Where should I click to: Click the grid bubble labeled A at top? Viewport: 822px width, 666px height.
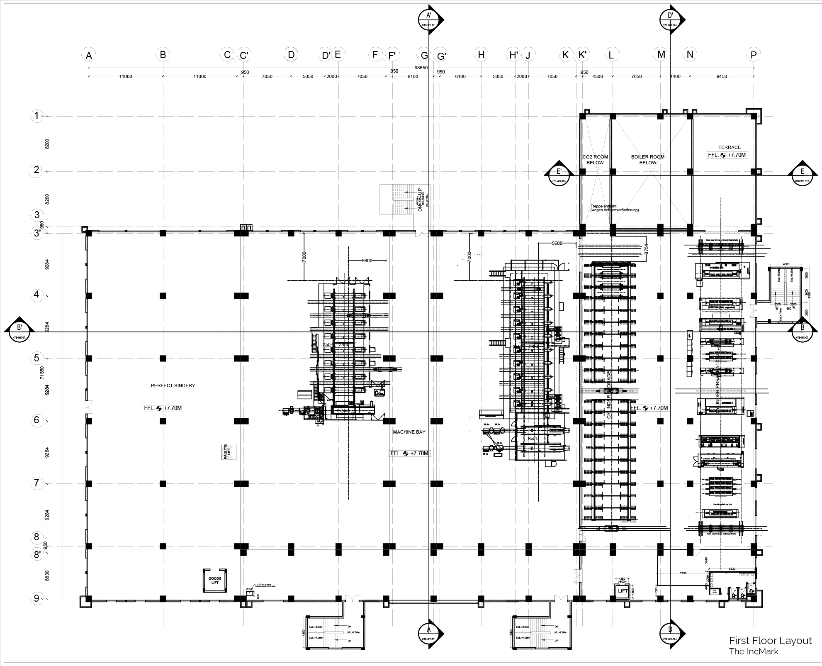click(88, 55)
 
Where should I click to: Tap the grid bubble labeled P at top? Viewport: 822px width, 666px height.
click(754, 55)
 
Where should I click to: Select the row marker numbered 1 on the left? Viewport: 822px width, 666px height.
click(37, 116)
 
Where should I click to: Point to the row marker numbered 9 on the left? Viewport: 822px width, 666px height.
click(37, 598)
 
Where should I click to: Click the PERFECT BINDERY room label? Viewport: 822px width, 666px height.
click(173, 385)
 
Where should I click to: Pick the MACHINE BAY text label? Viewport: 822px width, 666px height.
click(409, 432)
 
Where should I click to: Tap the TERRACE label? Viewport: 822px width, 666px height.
click(730, 147)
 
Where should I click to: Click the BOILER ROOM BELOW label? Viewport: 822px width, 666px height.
click(647, 160)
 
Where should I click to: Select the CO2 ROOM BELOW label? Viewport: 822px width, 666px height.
click(595, 160)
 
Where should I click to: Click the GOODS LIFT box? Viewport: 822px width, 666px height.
click(215, 581)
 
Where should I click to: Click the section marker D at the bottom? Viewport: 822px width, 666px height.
click(670, 633)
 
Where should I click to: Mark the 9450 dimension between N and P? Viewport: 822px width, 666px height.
click(722, 76)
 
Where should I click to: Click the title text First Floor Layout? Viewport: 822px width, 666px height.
click(770, 641)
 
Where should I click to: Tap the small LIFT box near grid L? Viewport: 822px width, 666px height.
click(623, 591)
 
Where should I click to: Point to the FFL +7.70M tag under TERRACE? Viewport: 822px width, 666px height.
click(727, 155)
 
